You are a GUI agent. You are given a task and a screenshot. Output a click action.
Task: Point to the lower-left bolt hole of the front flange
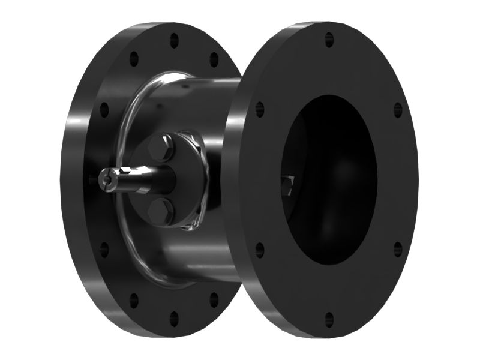tap(259, 248)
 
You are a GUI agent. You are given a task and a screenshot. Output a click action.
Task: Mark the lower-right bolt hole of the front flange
tap(397, 247)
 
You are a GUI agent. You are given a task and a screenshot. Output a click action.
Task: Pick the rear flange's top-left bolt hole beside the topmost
tap(134, 59)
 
